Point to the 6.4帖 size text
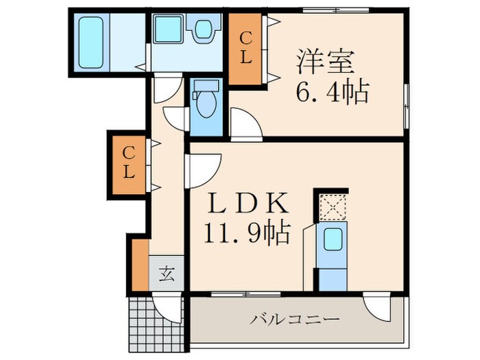click(x=333, y=91)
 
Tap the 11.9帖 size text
click(x=245, y=233)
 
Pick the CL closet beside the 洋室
click(x=245, y=49)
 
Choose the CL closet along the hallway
click(x=128, y=163)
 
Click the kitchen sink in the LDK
click(x=333, y=241)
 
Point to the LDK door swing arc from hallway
click(x=204, y=169)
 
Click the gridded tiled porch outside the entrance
click(x=156, y=324)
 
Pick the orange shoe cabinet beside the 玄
click(x=140, y=264)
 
